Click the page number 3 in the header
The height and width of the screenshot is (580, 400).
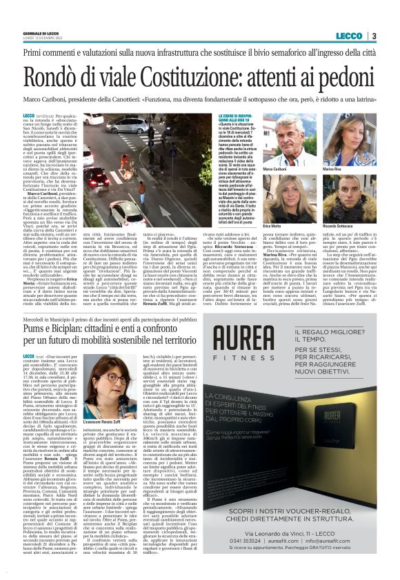373,37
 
